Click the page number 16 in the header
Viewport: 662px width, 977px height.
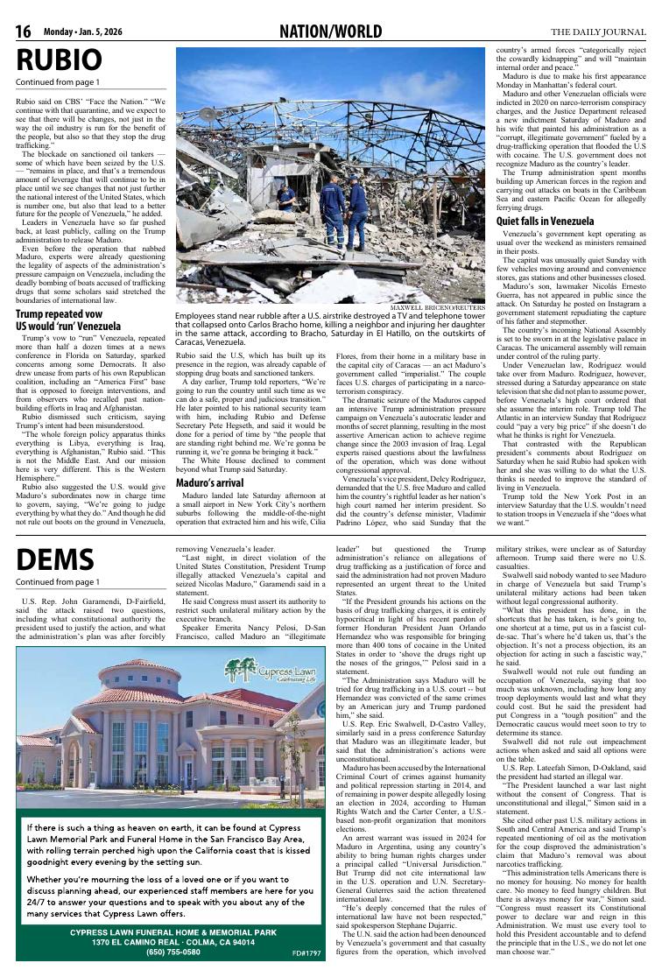[24, 32]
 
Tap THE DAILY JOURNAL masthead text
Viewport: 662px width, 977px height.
[599, 32]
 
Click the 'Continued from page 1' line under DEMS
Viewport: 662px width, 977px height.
[58, 581]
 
